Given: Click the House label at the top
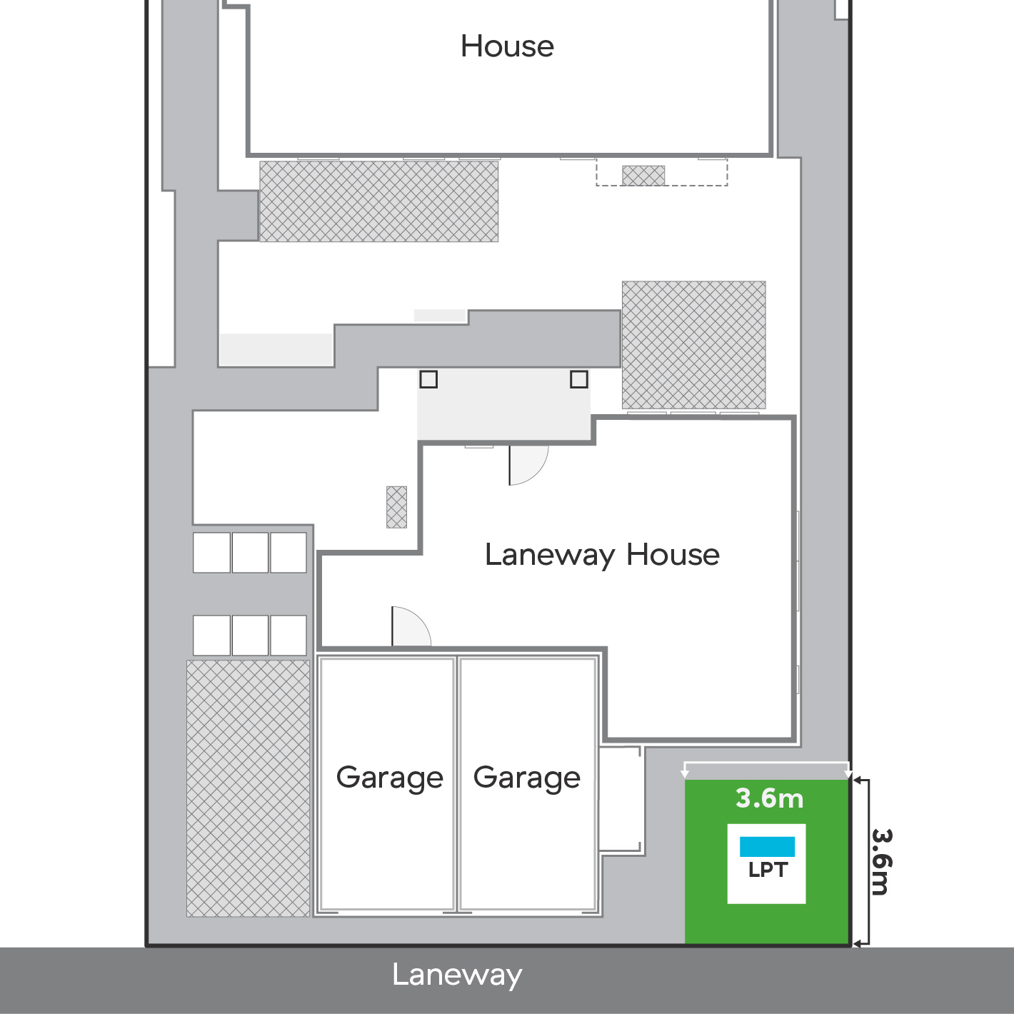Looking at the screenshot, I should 507,47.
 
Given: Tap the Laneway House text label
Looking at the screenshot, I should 602,555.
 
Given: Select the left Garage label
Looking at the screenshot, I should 389,778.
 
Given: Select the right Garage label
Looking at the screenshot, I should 527,778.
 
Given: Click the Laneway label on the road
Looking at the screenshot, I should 457,975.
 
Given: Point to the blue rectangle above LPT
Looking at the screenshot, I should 767,846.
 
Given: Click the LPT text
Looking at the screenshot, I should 768,870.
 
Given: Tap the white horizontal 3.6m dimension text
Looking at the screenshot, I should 769,798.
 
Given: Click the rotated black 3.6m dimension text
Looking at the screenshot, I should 881,862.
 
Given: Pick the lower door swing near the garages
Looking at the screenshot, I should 409,627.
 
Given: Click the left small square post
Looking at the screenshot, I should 428,379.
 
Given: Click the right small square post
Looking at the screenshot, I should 579,379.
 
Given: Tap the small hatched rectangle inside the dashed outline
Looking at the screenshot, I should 643,175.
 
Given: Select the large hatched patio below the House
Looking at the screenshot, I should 378,201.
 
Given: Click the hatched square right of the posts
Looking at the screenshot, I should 693,345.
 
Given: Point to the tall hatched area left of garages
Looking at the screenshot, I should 248,788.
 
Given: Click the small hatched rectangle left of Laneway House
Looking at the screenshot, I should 396,507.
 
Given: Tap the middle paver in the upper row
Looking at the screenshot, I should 250,552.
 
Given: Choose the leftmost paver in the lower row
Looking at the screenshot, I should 211,635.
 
